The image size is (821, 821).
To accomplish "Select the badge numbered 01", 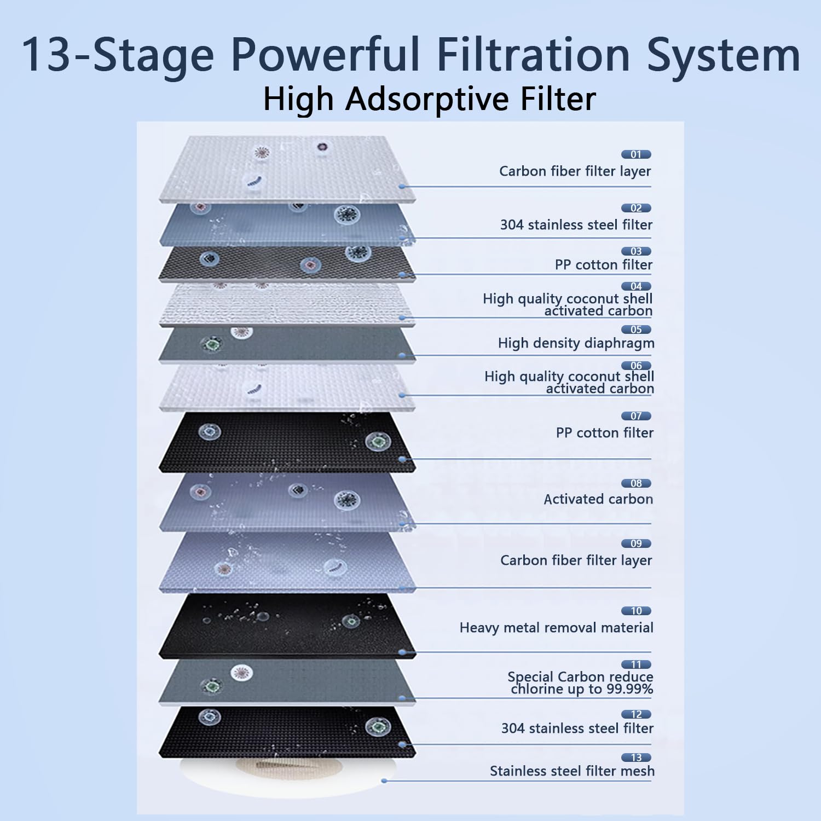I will [635, 154].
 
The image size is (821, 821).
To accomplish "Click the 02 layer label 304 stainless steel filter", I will [576, 225].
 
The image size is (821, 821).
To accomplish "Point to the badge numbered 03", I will [635, 251].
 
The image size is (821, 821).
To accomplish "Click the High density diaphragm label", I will [576, 343].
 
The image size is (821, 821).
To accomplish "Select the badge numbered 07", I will [635, 416].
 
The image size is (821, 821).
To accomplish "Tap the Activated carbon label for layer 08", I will [598, 499].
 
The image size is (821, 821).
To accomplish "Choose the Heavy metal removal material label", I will [556, 628].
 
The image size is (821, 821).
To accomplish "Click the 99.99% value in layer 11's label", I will [629, 689].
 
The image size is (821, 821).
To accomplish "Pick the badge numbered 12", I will [635, 714].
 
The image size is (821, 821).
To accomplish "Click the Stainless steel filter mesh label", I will [572, 771].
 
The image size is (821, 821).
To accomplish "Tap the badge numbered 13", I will [635, 758].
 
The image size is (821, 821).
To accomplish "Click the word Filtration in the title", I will [533, 55].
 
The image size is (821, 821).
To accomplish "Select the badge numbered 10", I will [635, 611].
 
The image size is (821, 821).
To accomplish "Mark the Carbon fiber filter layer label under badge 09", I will [576, 560].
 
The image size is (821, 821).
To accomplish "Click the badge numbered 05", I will [635, 329].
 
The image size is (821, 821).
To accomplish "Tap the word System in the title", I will [724, 55].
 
